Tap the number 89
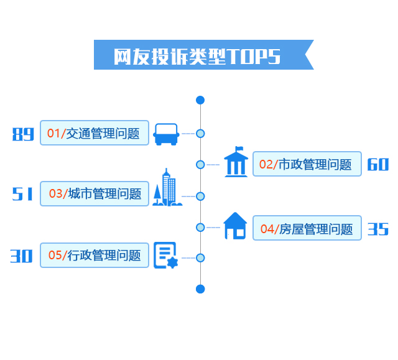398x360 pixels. (23, 134)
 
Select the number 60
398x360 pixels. (377, 165)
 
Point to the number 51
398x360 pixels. (23, 194)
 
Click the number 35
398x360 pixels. (377, 229)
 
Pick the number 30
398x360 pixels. (22, 256)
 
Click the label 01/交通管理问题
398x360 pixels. (95, 133)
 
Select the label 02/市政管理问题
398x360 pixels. (307, 164)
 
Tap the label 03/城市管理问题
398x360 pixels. (95, 193)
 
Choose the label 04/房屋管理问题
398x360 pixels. (307, 228)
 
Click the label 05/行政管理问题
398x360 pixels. (95, 255)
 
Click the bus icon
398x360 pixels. (167, 134)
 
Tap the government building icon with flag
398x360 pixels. (236, 163)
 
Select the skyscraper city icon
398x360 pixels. (167, 188)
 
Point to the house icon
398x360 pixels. (235, 226)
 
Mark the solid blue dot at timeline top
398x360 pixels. (200, 100)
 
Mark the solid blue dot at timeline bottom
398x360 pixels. (200, 288)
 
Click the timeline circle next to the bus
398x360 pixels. (200, 133)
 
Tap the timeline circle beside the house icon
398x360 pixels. (200, 227)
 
